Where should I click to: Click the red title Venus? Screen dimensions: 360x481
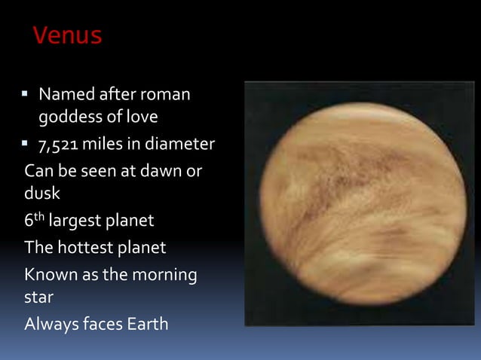(x=68, y=35)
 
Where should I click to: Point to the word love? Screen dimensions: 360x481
(x=142, y=119)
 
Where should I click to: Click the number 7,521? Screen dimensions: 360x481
(x=63, y=144)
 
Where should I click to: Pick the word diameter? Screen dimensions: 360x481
(x=180, y=144)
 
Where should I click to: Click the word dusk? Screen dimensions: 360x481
(x=42, y=194)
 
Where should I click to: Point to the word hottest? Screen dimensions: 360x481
(x=86, y=247)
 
